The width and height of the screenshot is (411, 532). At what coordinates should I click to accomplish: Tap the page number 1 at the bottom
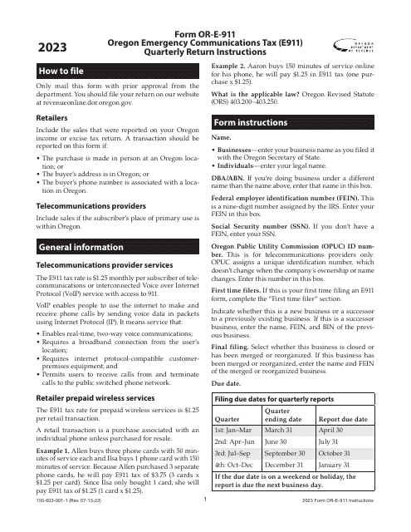205,524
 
